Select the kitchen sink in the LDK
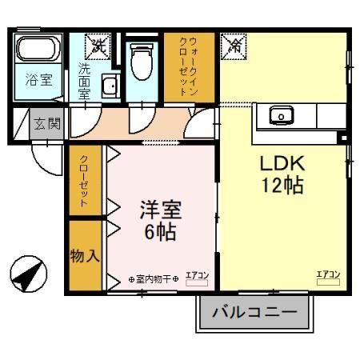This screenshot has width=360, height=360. pyautogui.click(x=281, y=116)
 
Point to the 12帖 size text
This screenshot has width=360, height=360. pyautogui.click(x=282, y=186)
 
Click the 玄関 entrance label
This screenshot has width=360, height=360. pyautogui.click(x=46, y=123)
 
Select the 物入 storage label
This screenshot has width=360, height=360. pyautogui.click(x=83, y=257)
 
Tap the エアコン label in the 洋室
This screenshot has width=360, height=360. pyautogui.click(x=197, y=277)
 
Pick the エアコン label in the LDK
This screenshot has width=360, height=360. pyautogui.click(x=328, y=276)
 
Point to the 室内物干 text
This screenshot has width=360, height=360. pyautogui.click(x=157, y=279)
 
